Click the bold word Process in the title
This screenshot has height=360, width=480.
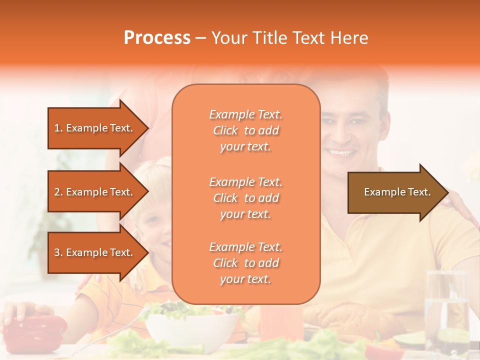157,38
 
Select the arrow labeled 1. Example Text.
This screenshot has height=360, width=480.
95,128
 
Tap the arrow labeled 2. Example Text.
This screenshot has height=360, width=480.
95,192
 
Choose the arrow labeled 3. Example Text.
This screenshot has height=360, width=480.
95,252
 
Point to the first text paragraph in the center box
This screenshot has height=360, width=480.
245,130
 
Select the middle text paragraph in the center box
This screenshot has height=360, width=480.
245,198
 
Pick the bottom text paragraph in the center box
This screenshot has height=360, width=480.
245,263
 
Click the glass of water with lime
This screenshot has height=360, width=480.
446,315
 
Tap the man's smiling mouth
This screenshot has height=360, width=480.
341,152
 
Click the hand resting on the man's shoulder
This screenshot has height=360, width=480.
460,202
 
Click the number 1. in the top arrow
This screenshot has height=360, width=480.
58,128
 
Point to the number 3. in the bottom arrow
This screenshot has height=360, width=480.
58,252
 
